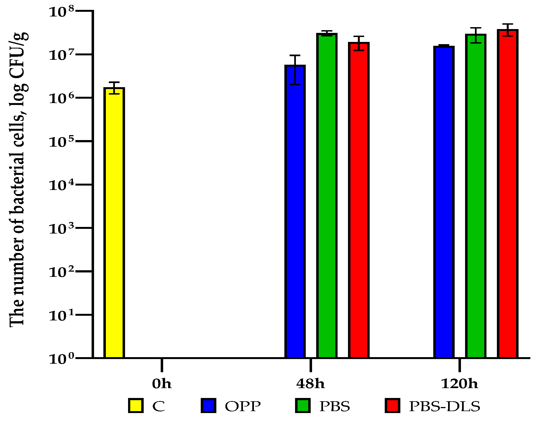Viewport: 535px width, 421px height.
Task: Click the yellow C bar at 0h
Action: click(114, 223)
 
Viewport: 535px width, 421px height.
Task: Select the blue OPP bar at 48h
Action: click(295, 212)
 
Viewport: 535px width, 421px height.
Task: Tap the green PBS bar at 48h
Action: click(327, 196)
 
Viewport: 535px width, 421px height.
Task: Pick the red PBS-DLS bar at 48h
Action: click(359, 200)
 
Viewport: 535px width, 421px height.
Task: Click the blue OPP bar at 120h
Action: click(444, 202)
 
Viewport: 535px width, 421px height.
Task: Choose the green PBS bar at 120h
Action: click(476, 196)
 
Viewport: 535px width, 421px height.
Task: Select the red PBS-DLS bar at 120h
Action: click(508, 194)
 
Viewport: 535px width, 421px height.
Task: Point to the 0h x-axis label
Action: click(162, 383)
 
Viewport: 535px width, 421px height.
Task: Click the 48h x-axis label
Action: click(310, 383)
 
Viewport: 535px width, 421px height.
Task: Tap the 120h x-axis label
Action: click(459, 383)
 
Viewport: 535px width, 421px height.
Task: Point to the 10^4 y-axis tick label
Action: click(61, 185)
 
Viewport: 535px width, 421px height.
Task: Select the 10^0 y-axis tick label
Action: click(61, 359)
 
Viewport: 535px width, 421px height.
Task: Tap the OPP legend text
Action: click(243, 406)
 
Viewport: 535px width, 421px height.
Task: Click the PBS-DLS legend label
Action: click(445, 406)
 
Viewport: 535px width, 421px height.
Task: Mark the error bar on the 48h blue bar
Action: click(295, 70)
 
